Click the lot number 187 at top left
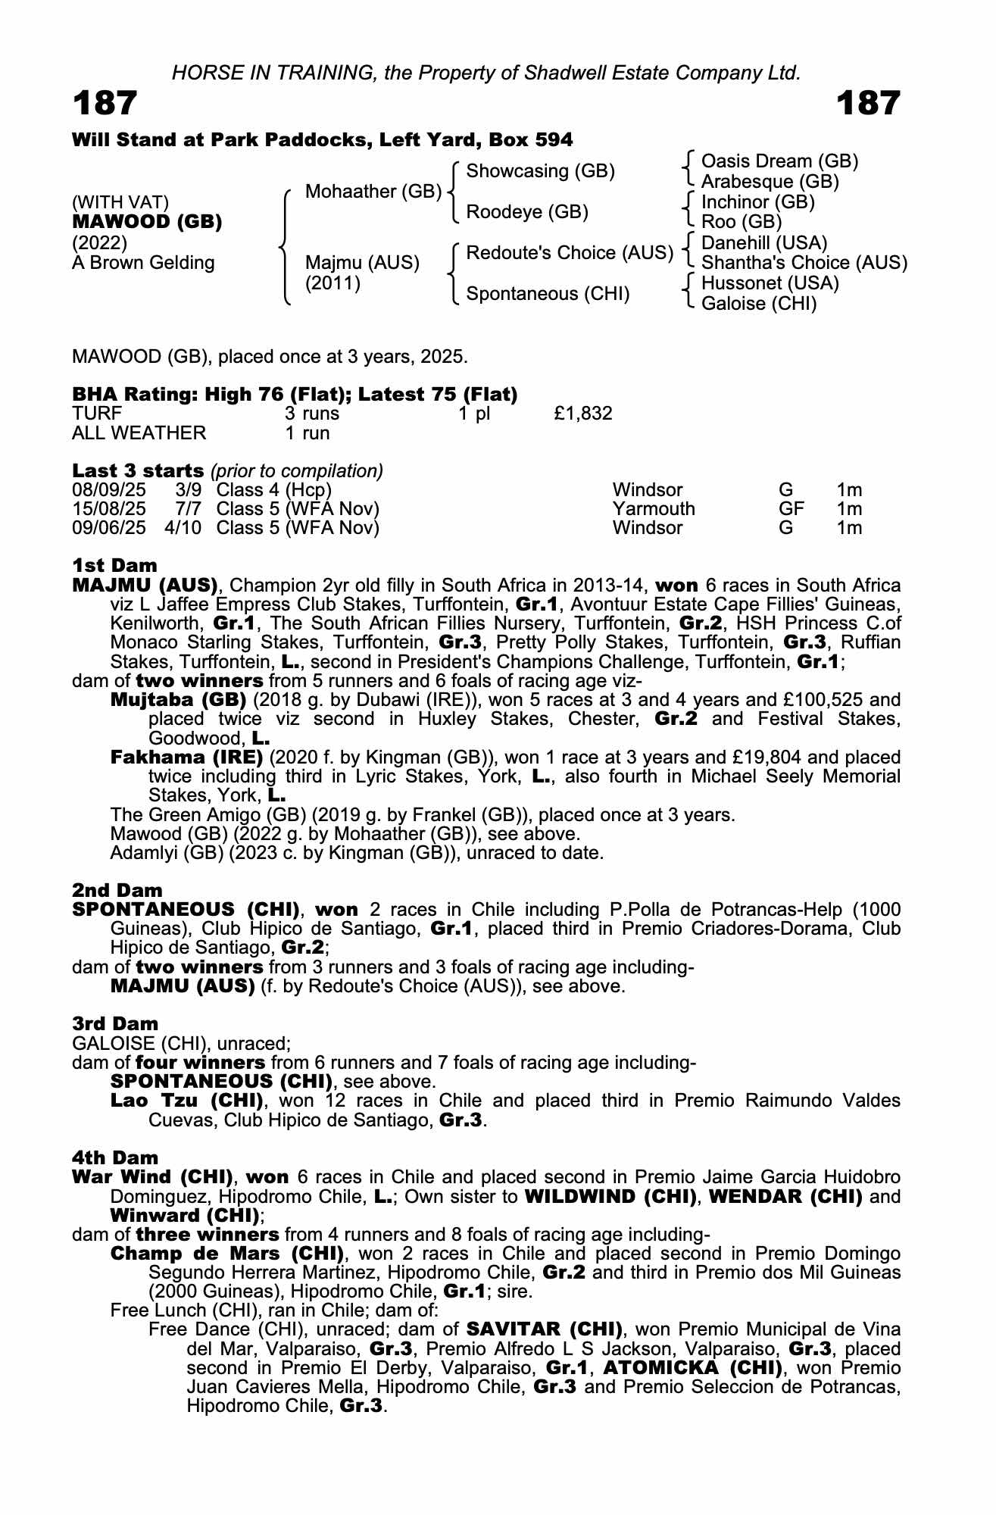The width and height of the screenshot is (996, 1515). (x=105, y=103)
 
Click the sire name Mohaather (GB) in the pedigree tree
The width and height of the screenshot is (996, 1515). (x=373, y=192)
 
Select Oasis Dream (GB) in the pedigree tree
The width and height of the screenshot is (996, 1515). (x=779, y=161)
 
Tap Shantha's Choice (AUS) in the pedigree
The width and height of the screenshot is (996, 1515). (x=804, y=263)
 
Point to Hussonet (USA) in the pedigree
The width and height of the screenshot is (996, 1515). (x=770, y=283)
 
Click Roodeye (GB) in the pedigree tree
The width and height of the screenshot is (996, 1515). (x=527, y=212)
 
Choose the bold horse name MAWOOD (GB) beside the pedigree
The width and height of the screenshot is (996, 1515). (x=147, y=223)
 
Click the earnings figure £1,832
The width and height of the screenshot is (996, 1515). (x=582, y=414)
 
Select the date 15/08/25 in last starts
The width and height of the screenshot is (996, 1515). (x=108, y=509)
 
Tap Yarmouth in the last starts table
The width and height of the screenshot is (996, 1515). (x=654, y=509)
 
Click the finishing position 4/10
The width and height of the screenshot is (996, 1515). (x=183, y=528)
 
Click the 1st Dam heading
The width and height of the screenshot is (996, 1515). (x=114, y=566)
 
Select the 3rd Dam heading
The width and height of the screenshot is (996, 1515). (x=115, y=1024)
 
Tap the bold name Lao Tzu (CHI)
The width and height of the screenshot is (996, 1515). (x=186, y=1101)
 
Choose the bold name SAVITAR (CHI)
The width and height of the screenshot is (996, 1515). (x=544, y=1329)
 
